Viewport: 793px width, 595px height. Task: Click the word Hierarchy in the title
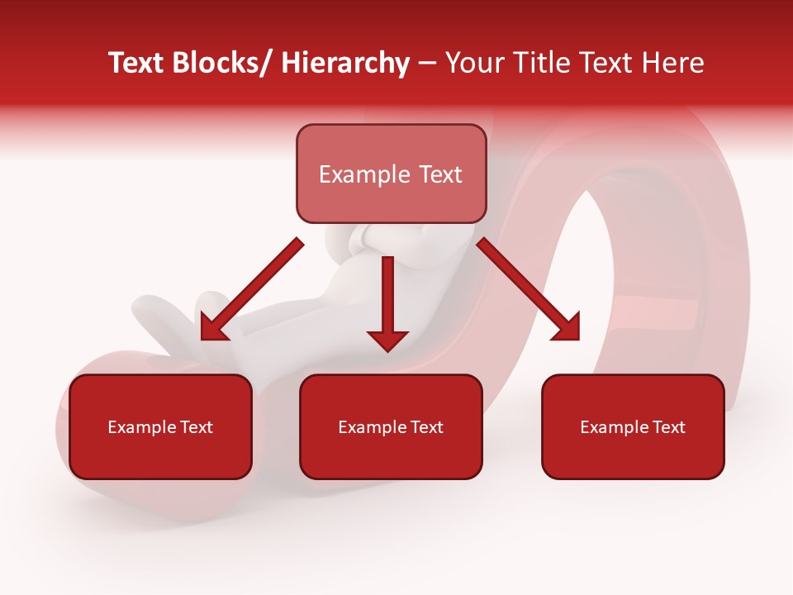(345, 64)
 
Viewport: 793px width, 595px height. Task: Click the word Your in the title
(473, 64)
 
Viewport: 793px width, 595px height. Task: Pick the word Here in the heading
(675, 64)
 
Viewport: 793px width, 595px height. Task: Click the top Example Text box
(391, 174)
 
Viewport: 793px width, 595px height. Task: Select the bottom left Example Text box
(160, 426)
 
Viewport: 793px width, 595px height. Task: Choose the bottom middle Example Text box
(391, 426)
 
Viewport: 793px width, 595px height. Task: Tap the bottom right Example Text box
(633, 426)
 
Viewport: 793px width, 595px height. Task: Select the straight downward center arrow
(387, 302)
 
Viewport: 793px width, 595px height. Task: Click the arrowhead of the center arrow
(387, 339)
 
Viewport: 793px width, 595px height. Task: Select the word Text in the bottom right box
(668, 427)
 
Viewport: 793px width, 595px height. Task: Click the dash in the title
(427, 64)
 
